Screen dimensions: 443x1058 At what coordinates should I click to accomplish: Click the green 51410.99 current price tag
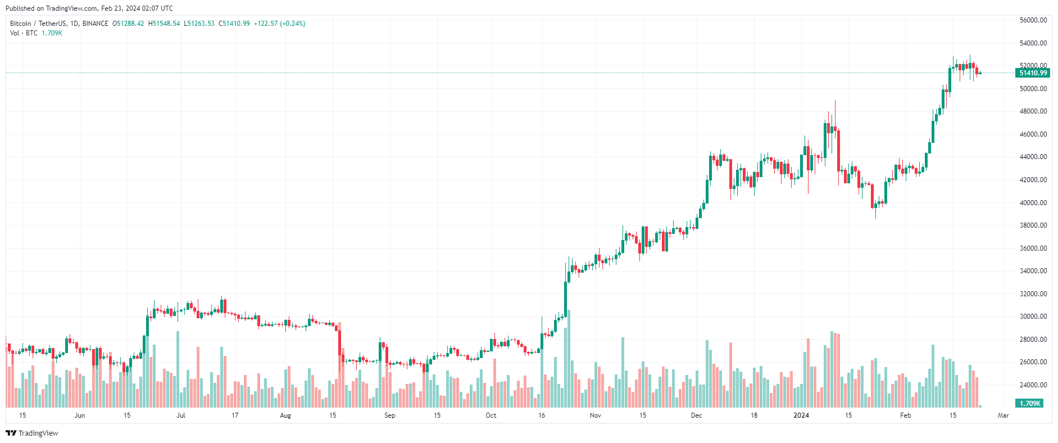(x=1033, y=73)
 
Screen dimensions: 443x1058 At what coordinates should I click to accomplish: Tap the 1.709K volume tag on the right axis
(x=1029, y=404)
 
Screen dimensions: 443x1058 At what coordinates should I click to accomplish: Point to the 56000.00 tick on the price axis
(x=1033, y=20)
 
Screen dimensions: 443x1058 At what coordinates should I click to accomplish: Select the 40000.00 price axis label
(x=1033, y=203)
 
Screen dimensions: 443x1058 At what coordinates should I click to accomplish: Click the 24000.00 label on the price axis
(x=1033, y=385)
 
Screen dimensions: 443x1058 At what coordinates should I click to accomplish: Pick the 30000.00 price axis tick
(x=1033, y=317)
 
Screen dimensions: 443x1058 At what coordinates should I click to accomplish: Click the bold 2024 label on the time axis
(x=801, y=415)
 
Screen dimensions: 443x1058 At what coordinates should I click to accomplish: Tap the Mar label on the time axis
(x=1003, y=415)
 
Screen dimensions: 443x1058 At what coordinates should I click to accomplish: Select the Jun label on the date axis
(x=80, y=415)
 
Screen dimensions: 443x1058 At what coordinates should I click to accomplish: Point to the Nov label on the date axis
(x=596, y=415)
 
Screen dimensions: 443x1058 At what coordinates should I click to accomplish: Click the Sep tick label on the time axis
(x=389, y=415)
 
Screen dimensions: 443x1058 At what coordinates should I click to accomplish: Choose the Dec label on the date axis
(x=696, y=415)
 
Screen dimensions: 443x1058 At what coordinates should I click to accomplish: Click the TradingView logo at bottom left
(x=32, y=433)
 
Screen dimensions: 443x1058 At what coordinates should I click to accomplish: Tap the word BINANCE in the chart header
(x=95, y=24)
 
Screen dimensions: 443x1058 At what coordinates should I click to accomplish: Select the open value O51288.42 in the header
(x=128, y=24)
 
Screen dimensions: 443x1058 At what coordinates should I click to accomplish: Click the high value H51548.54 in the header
(x=164, y=24)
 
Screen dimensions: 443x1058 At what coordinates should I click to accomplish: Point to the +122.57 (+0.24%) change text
(x=279, y=24)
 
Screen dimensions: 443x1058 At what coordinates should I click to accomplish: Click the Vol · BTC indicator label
(x=24, y=33)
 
